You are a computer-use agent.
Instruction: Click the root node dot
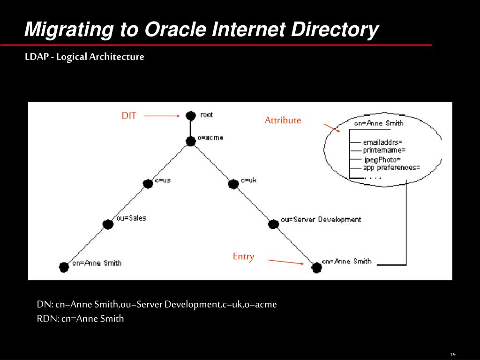coord(190,115)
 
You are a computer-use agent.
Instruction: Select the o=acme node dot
coord(190,141)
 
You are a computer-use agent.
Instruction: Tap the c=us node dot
coord(148,184)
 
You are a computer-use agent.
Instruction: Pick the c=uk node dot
coord(233,184)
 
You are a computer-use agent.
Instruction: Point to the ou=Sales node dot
coord(108,224)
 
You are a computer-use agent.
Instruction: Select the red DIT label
coord(129,116)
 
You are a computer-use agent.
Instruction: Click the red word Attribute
coord(283,120)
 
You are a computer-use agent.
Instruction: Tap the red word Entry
coord(243,256)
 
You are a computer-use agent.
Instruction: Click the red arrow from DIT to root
coord(162,116)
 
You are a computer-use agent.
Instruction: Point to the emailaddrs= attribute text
coord(382,142)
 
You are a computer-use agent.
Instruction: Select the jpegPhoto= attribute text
coord(382,159)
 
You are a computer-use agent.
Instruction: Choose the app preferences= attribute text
coord(391,167)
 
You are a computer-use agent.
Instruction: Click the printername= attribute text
coord(384,150)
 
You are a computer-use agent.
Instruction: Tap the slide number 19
coord(453,354)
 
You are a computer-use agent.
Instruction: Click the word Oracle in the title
coord(174,30)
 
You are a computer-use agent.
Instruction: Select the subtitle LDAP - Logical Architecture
coord(84,57)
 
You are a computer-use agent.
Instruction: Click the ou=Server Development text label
coord(321,219)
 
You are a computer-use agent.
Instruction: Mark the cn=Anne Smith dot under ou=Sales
coord(64,267)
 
